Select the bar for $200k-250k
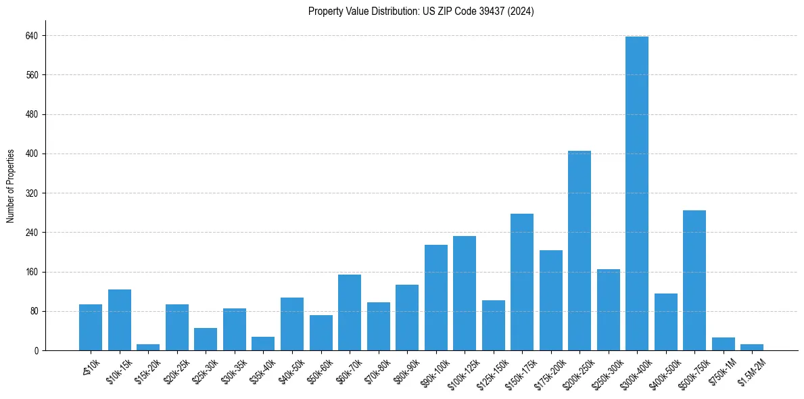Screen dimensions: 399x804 click(579, 250)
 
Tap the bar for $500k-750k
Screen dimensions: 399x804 click(694, 280)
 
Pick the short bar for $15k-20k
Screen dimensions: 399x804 click(148, 347)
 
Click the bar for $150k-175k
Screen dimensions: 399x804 click(521, 282)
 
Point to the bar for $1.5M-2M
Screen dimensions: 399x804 click(751, 347)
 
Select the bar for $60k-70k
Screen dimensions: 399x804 click(349, 312)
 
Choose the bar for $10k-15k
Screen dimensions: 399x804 click(119, 320)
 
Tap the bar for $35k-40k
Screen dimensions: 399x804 click(263, 344)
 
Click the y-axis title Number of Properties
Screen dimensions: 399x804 click(11, 185)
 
